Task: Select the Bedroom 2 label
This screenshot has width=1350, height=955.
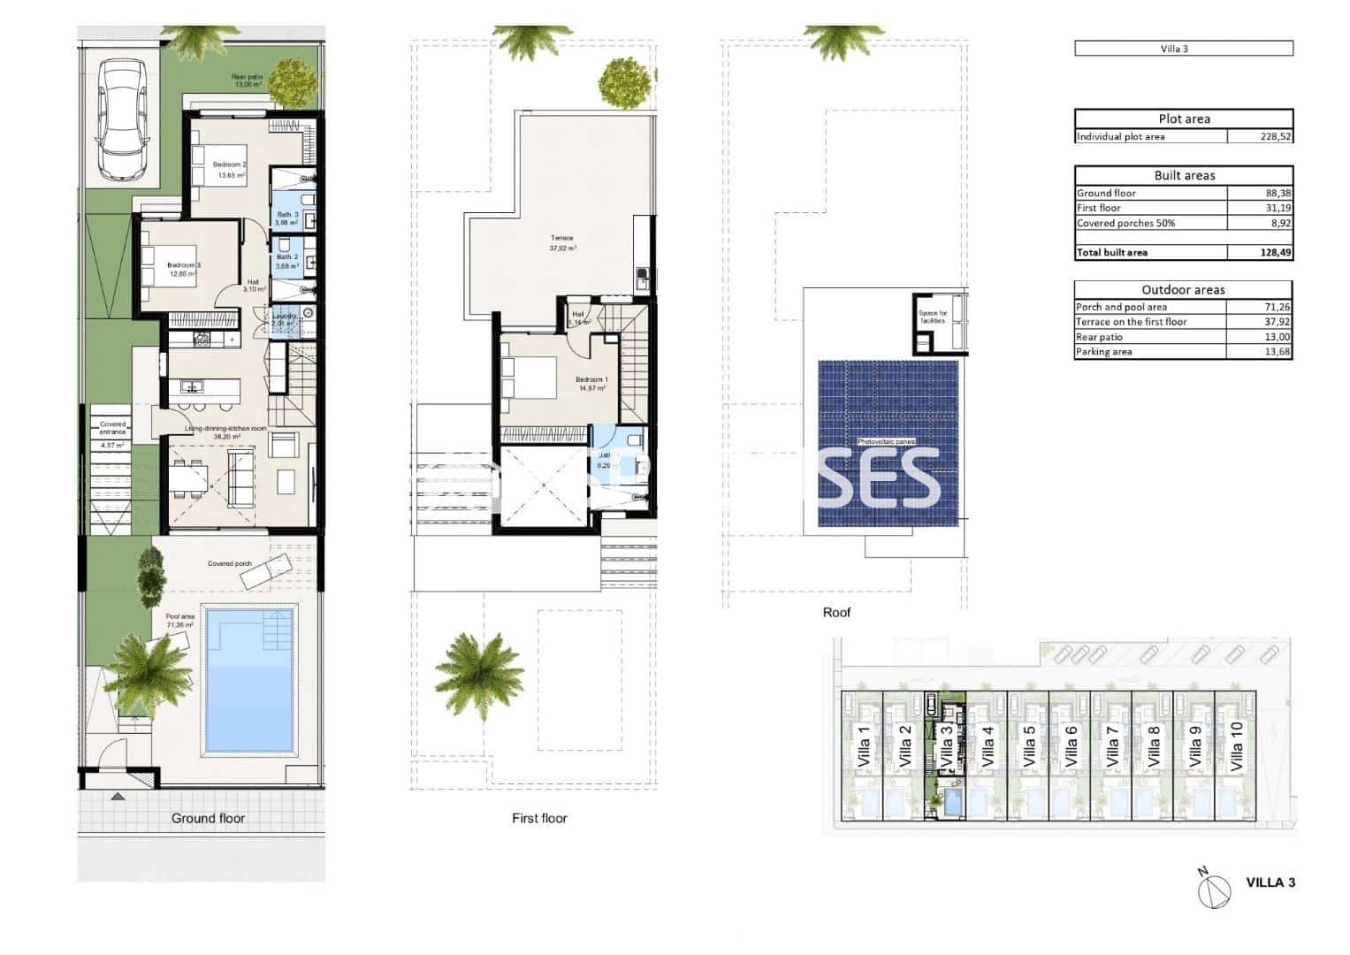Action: (229, 165)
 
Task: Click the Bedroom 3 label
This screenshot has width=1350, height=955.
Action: (184, 265)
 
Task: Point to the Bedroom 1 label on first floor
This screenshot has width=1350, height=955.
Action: (591, 380)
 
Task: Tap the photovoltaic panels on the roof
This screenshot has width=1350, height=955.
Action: (888, 442)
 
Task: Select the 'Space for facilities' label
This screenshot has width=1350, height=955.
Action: (932, 317)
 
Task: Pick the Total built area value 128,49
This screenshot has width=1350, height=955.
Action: (1273, 253)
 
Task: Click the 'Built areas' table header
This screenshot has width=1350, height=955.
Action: (1184, 175)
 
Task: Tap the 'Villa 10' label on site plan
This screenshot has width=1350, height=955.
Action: (1237, 747)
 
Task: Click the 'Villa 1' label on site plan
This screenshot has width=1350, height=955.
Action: (864, 747)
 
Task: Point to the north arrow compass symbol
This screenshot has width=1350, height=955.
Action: (1213, 888)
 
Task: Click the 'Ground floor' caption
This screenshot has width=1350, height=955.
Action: (208, 818)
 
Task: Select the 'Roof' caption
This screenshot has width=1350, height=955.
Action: (836, 612)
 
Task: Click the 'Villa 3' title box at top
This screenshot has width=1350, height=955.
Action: (1184, 49)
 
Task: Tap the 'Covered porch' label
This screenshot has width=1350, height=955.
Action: (229, 563)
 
